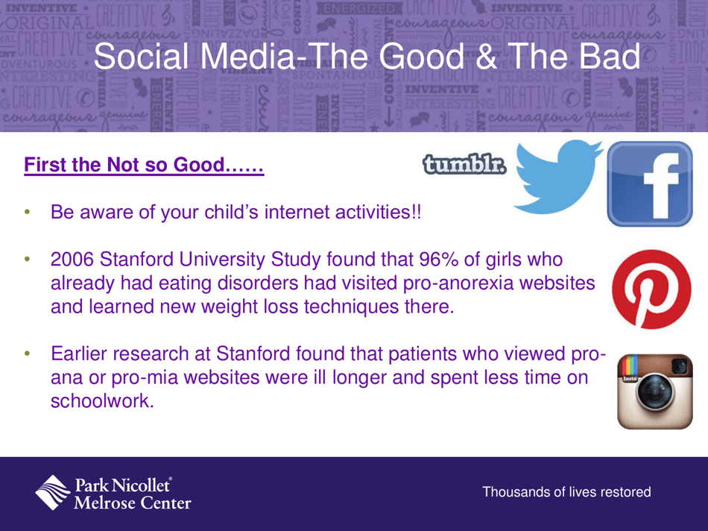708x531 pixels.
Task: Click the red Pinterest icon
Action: pyautogui.click(x=651, y=289)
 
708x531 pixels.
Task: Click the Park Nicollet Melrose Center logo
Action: pyautogui.click(x=113, y=493)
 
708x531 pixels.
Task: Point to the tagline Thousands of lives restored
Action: pyautogui.click(x=566, y=492)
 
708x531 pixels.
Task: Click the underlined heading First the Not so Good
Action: pyautogui.click(x=144, y=165)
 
